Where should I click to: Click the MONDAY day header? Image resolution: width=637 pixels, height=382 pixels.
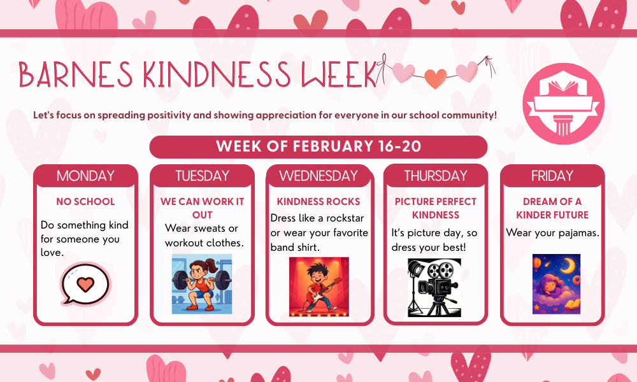(85, 176)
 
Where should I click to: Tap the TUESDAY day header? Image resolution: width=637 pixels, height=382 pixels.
(202, 176)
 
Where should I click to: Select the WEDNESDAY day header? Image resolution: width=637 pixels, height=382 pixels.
(318, 176)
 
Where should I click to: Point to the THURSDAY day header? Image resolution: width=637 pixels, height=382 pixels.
(436, 176)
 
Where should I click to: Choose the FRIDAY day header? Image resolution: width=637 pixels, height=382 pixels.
(552, 176)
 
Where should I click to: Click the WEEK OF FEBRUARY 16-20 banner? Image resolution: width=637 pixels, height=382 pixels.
(318, 146)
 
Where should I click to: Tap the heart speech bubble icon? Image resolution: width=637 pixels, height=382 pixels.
(85, 283)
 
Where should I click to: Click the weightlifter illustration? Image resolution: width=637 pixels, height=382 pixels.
(202, 284)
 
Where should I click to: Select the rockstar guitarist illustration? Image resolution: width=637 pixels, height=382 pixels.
(319, 286)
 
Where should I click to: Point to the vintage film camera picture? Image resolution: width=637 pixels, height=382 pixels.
(434, 287)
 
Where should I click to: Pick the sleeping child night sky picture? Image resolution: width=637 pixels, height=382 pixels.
(557, 284)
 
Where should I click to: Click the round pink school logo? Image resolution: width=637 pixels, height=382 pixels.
(564, 104)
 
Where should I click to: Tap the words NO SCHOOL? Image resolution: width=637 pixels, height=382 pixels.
(85, 202)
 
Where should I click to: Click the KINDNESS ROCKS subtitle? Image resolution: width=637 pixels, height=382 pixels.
(318, 202)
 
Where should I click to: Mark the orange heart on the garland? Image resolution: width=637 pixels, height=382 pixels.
(435, 78)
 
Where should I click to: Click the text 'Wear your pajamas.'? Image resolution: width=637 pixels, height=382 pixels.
(552, 233)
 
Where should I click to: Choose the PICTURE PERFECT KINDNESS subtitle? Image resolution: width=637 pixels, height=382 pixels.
(436, 208)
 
